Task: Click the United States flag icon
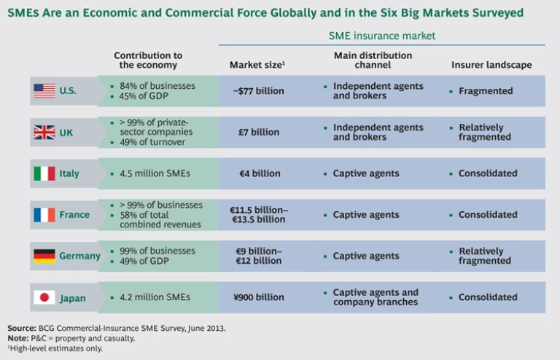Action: [x=44, y=91]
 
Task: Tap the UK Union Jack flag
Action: [x=44, y=132]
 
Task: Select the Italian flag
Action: [x=44, y=173]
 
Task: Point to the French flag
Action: [x=44, y=215]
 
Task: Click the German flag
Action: [x=44, y=256]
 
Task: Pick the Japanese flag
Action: [x=44, y=297]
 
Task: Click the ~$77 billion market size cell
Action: [x=259, y=91]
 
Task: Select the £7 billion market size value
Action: [x=259, y=132]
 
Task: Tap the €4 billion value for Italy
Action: [x=259, y=173]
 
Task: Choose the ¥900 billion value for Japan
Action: [x=259, y=297]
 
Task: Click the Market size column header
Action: [x=257, y=65]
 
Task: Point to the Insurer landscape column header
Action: [x=491, y=65]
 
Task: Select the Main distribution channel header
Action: [x=373, y=60]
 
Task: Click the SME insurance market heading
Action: [x=382, y=34]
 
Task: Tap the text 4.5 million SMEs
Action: [x=155, y=173]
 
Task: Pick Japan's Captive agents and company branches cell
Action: [x=376, y=297]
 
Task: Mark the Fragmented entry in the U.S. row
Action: [x=486, y=91]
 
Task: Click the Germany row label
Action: [x=79, y=256]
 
